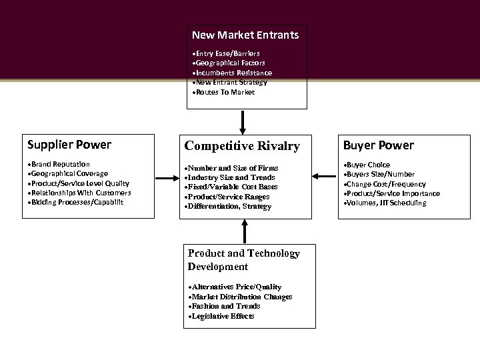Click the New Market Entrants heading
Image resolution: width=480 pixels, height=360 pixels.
[245, 34]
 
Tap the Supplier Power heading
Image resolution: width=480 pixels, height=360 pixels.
[69, 145]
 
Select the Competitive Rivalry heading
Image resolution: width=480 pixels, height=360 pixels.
[242, 146]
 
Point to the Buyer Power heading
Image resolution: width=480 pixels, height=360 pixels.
[378, 145]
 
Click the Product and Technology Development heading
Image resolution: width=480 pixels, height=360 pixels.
[244, 260]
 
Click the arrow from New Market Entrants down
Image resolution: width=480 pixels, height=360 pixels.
[243, 123]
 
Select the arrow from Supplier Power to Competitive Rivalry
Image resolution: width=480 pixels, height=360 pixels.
[165, 177]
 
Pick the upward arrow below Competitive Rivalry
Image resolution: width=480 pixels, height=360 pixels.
[245, 231]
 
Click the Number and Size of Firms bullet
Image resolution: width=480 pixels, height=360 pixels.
[233, 168]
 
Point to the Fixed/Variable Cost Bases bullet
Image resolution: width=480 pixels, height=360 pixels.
[233, 187]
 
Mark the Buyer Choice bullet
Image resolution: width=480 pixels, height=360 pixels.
[368, 165]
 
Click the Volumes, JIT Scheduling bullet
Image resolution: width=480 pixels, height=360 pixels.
[386, 203]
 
